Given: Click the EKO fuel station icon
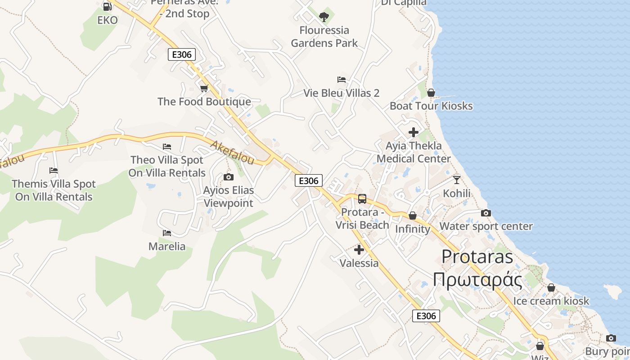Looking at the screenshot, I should tap(107, 7).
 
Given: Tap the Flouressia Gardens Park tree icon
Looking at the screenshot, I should tap(324, 17).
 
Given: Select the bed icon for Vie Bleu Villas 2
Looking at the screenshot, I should tap(342, 80).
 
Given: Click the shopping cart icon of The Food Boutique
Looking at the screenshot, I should tap(204, 88).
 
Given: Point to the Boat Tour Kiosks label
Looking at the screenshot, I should tap(431, 106).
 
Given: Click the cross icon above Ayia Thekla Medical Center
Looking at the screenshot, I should tap(413, 132).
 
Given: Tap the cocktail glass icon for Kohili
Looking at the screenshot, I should tap(457, 180).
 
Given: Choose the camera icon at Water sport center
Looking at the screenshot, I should tap(486, 213).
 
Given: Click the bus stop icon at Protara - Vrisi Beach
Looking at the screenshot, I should tap(362, 198).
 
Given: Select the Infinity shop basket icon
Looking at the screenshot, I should tap(412, 216).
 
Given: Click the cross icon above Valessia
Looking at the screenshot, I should tap(359, 250).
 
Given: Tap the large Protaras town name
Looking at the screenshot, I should tap(477, 256).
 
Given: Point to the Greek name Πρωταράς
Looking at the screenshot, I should tap(477, 280).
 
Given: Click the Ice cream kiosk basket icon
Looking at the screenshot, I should tap(551, 288).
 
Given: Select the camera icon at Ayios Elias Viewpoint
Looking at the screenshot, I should tap(229, 177).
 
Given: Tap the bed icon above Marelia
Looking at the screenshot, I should tap(167, 233).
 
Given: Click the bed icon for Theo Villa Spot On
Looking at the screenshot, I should tap(167, 147).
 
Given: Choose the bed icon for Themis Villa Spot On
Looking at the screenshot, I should tap(54, 171).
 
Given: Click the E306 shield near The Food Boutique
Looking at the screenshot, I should tap(182, 55).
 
